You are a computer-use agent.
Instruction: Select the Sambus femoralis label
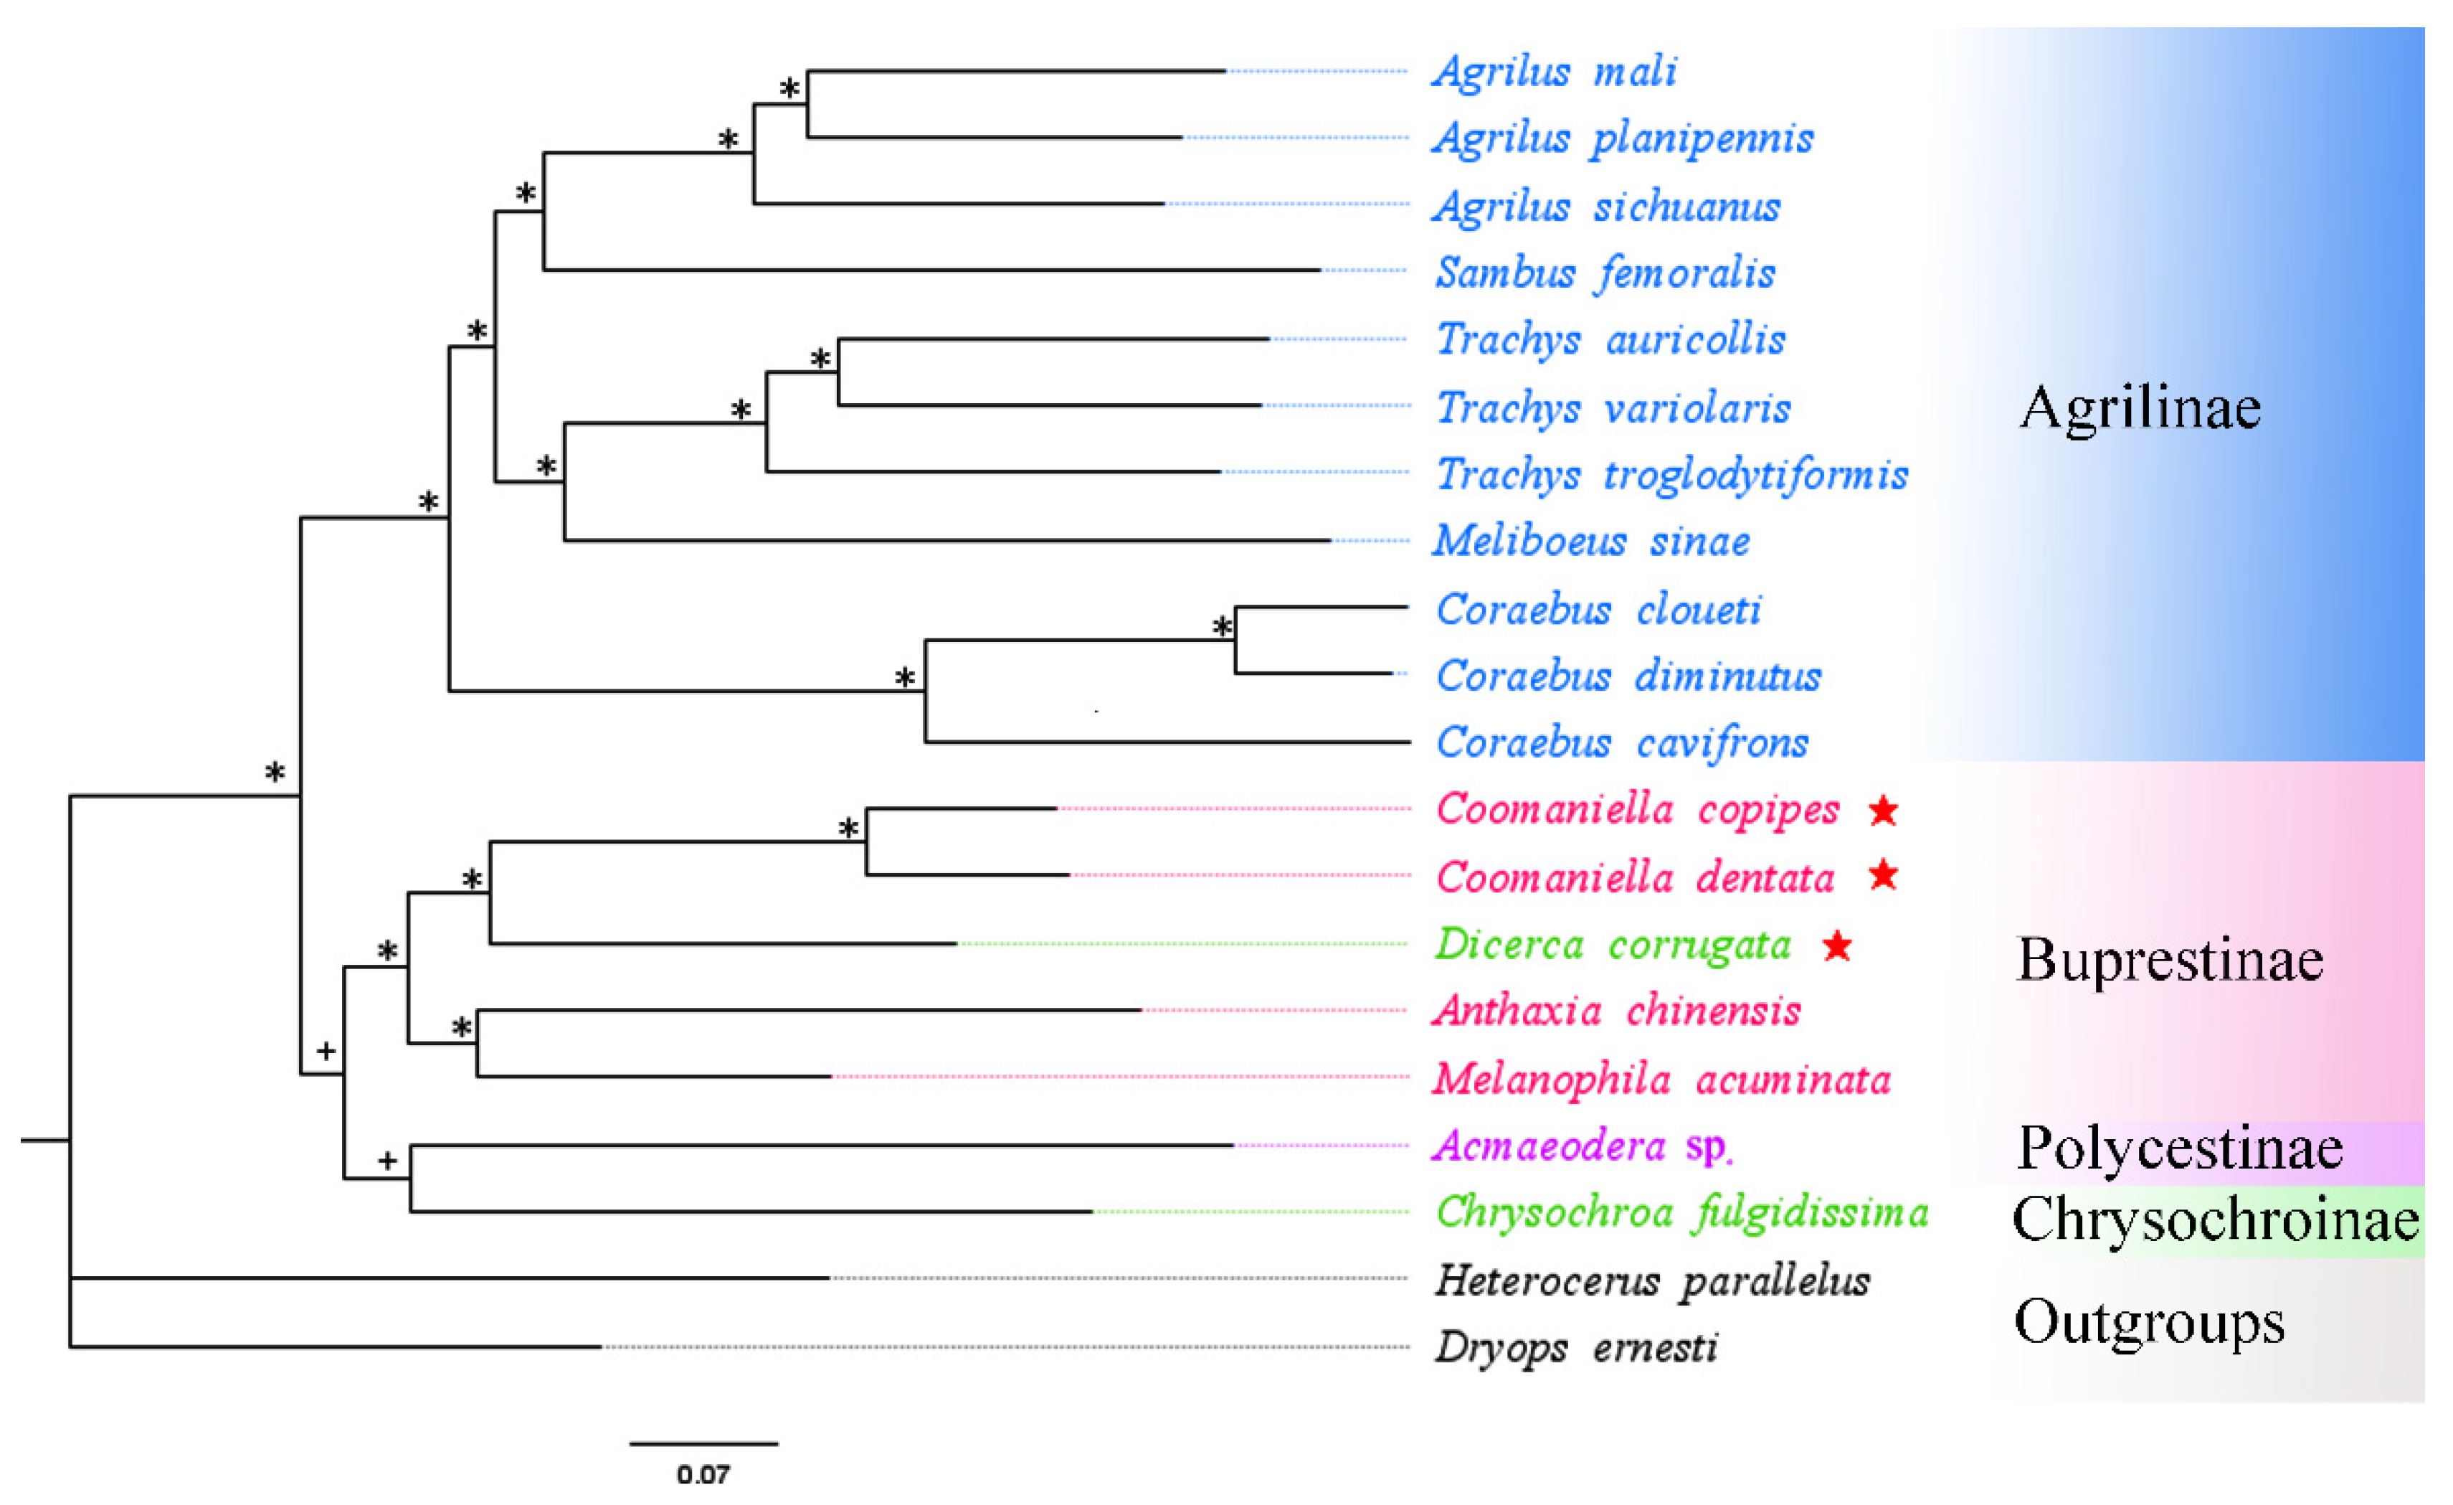click(1605, 273)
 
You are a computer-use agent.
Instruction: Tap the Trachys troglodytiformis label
click(1671, 475)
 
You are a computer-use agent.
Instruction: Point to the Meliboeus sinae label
click(1591, 542)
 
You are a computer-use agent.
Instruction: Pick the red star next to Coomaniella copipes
click(1882, 811)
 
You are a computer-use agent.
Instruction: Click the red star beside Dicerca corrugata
click(1837, 945)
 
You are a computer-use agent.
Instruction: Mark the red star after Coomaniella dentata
click(1882, 875)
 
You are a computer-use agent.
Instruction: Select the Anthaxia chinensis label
click(1617, 1011)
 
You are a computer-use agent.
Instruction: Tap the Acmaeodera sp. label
click(1583, 1146)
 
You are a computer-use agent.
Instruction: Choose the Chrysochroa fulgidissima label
click(1681, 1213)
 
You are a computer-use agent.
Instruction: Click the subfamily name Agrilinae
click(2140, 407)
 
